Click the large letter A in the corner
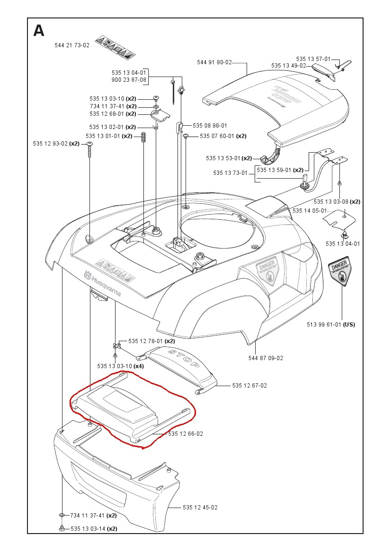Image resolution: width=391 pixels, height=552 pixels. coord(39,31)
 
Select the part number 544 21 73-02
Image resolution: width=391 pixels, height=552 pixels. coord(72,45)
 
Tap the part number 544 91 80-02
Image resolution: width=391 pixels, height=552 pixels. coord(214,62)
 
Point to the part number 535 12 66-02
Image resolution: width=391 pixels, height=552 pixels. coord(186,433)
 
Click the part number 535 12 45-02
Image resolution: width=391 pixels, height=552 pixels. coord(200,507)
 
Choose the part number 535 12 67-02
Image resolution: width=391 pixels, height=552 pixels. coord(249,386)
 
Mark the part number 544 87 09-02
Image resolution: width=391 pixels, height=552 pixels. coord(266,358)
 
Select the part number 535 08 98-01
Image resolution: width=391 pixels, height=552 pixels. coord(210,126)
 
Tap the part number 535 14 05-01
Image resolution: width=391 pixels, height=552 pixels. coord(310,210)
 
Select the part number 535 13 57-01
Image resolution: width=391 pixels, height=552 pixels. coord(313,59)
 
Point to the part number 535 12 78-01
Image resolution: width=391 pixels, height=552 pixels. coord(145,341)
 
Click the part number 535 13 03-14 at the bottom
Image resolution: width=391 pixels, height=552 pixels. coord(88,528)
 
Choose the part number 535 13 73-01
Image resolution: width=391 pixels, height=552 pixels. coord(231,172)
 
